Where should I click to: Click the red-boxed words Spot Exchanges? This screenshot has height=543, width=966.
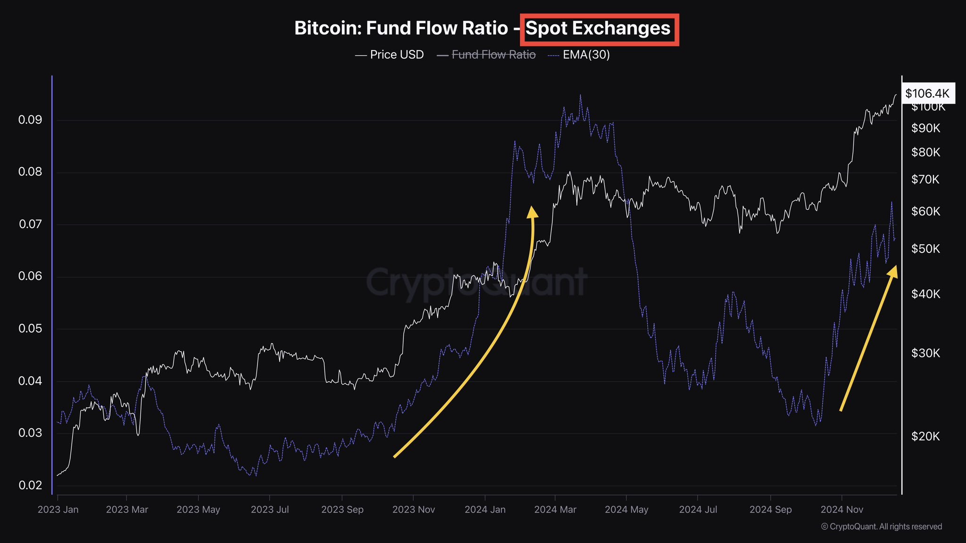(x=598, y=29)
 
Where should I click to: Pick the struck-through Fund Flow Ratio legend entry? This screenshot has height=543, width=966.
(x=493, y=55)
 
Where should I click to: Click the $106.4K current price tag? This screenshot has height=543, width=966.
(x=927, y=93)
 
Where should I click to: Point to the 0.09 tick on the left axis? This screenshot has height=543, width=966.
(x=30, y=120)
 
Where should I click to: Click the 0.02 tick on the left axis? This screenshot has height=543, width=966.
(x=30, y=485)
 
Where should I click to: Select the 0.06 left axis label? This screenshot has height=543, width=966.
(x=30, y=276)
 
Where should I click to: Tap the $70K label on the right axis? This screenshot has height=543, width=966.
(x=925, y=180)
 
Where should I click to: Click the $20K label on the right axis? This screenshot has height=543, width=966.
(x=925, y=436)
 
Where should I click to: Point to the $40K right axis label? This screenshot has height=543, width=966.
(x=925, y=294)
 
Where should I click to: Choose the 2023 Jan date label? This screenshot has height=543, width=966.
(x=58, y=510)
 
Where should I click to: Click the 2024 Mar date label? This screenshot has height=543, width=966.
(x=555, y=510)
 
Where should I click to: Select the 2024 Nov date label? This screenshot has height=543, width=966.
(x=841, y=510)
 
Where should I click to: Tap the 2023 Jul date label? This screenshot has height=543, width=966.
(x=270, y=510)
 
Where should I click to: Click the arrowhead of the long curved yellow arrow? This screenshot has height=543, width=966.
(x=533, y=212)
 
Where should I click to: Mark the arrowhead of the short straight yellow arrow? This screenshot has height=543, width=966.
(x=893, y=271)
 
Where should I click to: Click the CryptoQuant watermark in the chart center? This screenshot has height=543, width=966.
(x=476, y=283)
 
